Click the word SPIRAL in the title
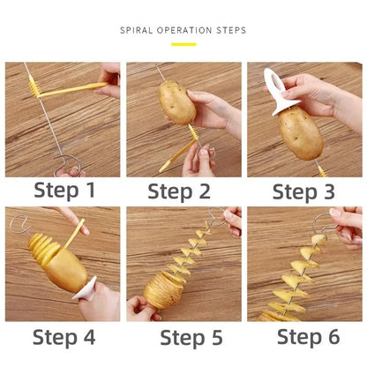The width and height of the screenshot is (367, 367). [138, 31]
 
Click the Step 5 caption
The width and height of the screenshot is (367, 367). [183, 336]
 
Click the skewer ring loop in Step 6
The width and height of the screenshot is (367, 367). [321, 222]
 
